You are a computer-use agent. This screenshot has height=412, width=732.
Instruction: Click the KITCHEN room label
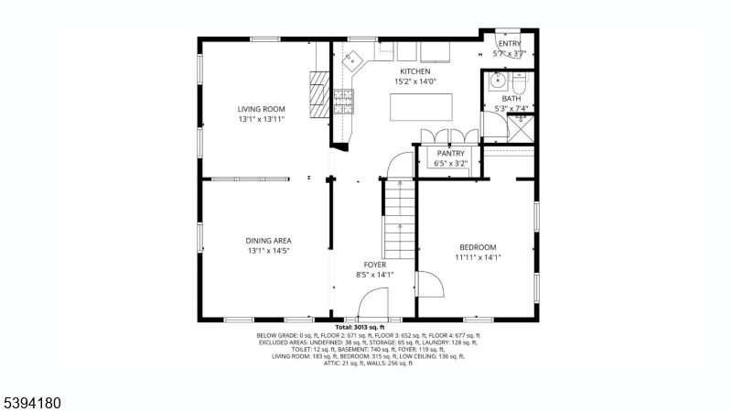coord(414,71)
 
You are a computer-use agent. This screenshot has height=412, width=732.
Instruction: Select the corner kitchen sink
coord(353,60)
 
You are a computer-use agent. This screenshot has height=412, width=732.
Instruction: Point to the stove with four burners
coord(344,100)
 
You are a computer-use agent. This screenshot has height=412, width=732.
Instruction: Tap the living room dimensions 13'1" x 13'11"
coord(262,119)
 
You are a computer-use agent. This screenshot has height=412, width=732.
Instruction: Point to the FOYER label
coord(374,265)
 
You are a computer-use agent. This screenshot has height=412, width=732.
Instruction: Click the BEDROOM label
coord(478,247)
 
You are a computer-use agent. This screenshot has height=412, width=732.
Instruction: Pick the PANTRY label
coord(450,154)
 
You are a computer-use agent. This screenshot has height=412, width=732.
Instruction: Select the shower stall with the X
coord(519,129)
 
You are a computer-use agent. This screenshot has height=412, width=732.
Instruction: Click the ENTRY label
coord(509,43)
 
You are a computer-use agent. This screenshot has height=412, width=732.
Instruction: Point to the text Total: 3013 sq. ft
coord(360,327)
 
